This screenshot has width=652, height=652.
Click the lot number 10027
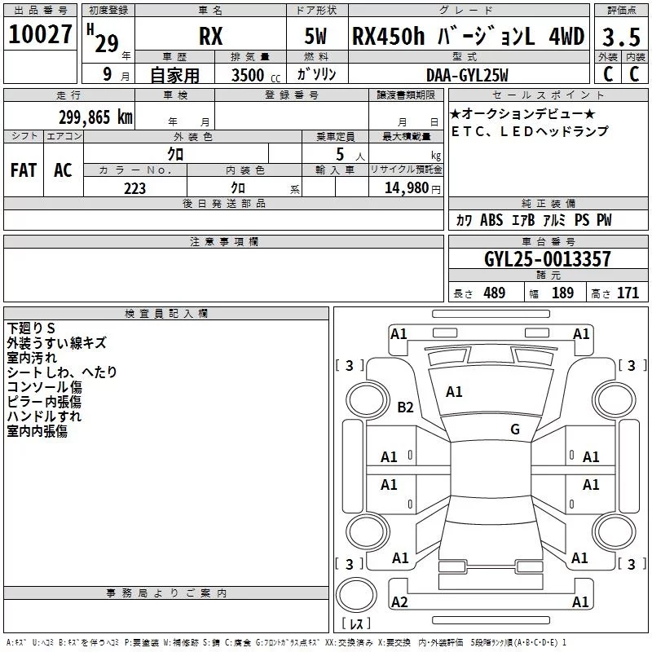tap(40, 34)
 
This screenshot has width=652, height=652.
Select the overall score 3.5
tap(621, 37)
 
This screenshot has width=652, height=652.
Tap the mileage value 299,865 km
tap(95, 117)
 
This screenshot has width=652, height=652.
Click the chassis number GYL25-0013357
tap(548, 259)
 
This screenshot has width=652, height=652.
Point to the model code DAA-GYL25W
tap(467, 75)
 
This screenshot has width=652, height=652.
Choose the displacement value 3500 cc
tap(256, 75)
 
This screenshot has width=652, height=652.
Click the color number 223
tap(134, 188)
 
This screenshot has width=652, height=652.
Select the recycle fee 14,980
tap(407, 188)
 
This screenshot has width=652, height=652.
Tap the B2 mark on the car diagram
tap(405, 407)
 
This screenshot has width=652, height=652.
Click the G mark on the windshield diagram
tap(515, 429)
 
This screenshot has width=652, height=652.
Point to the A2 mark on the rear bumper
tap(399, 601)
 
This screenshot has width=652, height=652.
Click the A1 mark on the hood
tap(454, 392)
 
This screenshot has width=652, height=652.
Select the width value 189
tap(562, 293)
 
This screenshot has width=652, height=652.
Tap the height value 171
tap(628, 293)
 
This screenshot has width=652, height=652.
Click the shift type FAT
tap(24, 170)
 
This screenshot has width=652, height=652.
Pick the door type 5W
tap(315, 36)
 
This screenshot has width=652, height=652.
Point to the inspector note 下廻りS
tap(31, 328)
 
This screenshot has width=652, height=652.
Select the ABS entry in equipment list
tap(491, 220)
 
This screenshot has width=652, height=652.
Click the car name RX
tap(211, 36)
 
